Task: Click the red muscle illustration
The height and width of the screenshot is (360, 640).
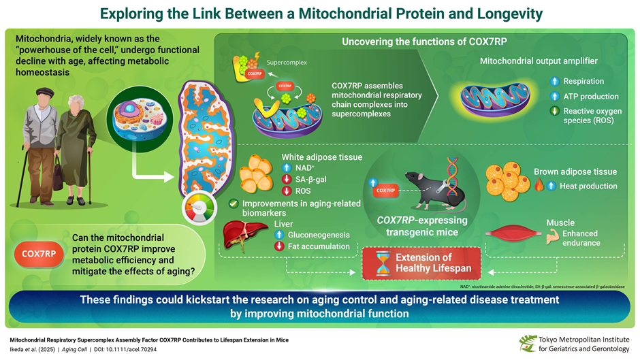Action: tap(516, 233)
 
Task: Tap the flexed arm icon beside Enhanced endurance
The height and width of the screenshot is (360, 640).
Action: tap(552, 236)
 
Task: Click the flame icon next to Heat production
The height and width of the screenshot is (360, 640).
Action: tap(539, 186)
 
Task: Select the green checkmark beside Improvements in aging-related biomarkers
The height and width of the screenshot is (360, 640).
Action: tap(234, 203)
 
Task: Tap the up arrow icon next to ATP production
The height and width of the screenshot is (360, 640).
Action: tap(554, 97)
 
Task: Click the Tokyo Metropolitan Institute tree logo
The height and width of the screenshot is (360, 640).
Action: tap(526, 344)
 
